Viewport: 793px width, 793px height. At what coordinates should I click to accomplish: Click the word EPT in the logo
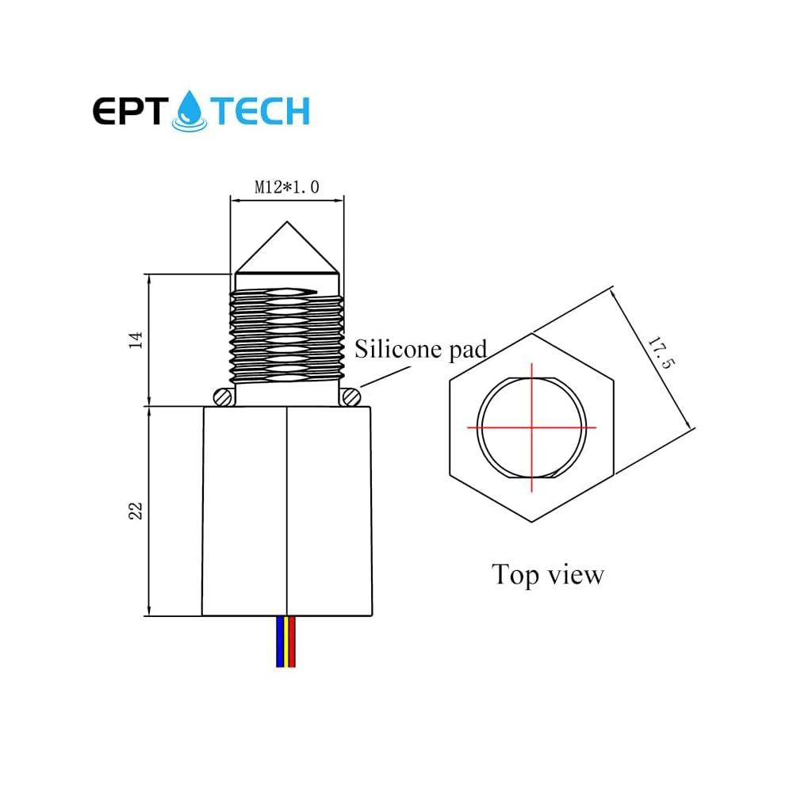(129, 112)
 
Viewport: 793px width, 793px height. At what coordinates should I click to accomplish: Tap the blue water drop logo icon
(190, 109)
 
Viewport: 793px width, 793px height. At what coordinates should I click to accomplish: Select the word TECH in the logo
(261, 112)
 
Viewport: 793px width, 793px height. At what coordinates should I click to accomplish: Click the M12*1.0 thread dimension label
(286, 187)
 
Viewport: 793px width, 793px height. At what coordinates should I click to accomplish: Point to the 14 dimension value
(136, 340)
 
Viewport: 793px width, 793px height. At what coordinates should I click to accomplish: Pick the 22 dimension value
(136, 510)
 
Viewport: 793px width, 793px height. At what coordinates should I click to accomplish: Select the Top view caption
(547, 574)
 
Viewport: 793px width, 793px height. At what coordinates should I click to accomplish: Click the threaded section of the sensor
(286, 333)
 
